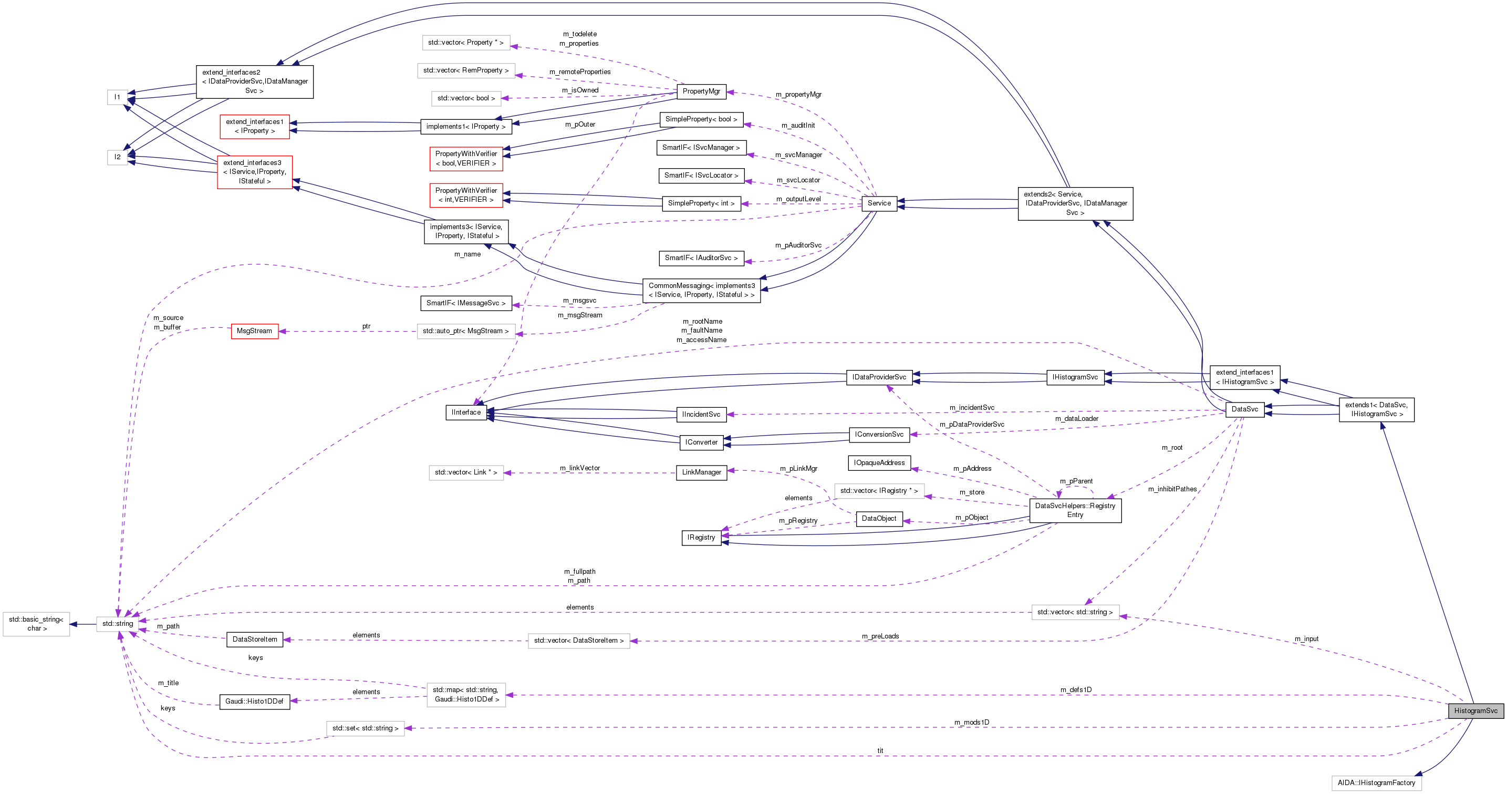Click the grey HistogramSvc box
(x=1475, y=710)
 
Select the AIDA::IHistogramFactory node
(x=1376, y=782)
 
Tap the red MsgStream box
(x=254, y=331)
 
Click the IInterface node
(x=466, y=412)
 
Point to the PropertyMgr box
(x=701, y=91)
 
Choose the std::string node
(x=118, y=623)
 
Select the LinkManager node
(x=701, y=472)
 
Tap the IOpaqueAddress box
(x=879, y=463)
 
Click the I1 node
(x=117, y=97)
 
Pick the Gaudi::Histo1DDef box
(x=254, y=701)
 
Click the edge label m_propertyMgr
(x=798, y=94)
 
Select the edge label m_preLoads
(x=880, y=636)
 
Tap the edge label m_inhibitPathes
(x=1172, y=489)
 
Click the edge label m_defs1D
(x=1075, y=689)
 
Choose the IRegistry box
(x=701, y=537)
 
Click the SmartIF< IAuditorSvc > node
(x=701, y=257)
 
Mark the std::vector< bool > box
(x=466, y=98)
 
